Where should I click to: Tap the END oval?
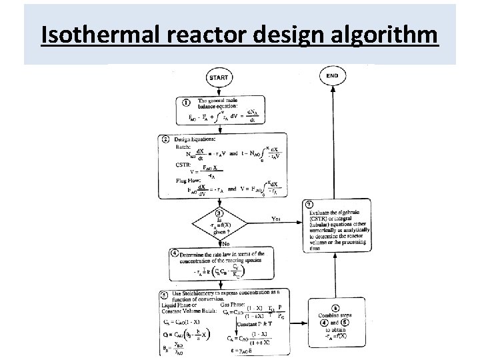pyautogui.click(x=333, y=76)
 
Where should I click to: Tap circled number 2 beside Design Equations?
pyautogui.click(x=165, y=139)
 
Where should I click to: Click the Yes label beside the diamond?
pyautogui.click(x=275, y=218)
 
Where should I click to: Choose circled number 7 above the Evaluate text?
pyautogui.click(x=309, y=203)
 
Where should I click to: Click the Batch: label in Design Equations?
pyautogui.click(x=183, y=145)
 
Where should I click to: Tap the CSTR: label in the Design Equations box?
pyautogui.click(x=182, y=163)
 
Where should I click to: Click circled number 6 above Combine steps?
pyautogui.click(x=336, y=308)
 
